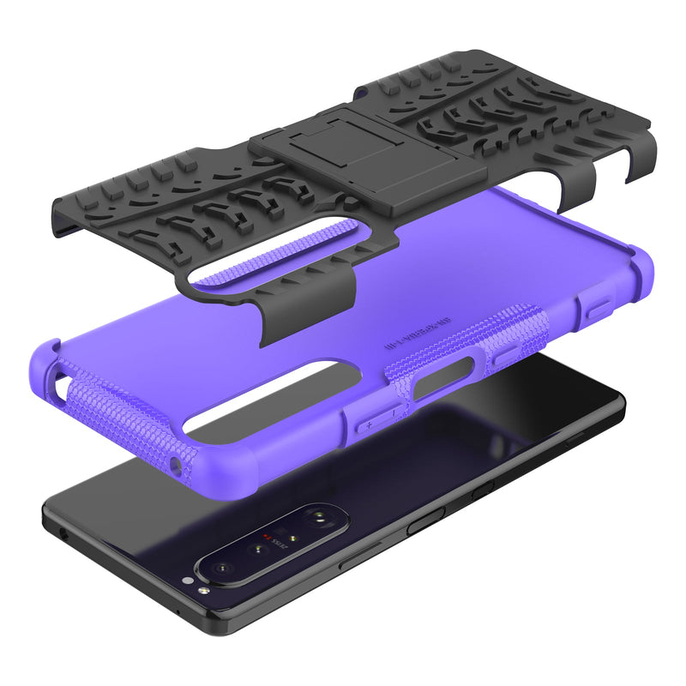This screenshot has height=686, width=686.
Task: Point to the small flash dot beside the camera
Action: pos(202,591)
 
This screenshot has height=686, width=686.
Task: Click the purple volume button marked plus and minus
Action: pos(375,414)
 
